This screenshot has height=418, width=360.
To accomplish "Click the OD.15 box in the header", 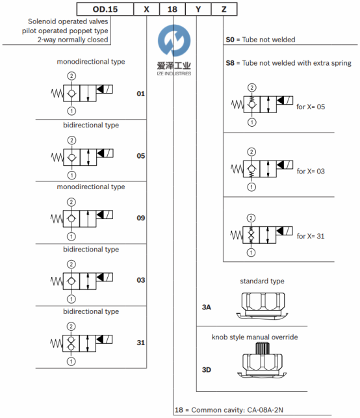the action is coord(105,9).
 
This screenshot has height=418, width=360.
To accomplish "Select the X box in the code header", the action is coord(146,9).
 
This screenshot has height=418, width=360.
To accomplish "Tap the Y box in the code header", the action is coord(198,9).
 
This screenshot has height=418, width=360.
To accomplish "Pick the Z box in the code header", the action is coord(224,9).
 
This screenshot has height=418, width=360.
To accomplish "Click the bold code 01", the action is coord(141,94).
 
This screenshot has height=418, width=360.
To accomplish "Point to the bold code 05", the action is coord(141,155).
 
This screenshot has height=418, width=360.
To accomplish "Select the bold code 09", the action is coord(141,218).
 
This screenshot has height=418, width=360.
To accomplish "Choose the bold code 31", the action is coord(141,343).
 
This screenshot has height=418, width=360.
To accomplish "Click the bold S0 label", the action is coord(230,40).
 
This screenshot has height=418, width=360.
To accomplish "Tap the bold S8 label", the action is coord(230,63).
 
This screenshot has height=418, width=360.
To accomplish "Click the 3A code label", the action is coord(207,307).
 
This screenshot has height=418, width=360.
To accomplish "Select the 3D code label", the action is coord(207,370).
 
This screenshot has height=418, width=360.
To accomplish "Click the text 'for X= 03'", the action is coord(311,171).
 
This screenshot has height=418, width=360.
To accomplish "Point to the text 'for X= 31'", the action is coord(311,236).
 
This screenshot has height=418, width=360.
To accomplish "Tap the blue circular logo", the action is coord(174,40).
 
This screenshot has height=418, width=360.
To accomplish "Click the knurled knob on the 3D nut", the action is coord(263,348).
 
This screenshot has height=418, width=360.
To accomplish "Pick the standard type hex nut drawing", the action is coord(263,306).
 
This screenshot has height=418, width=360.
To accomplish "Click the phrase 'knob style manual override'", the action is coord(255,337).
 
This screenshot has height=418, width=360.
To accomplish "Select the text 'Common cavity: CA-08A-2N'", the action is coord(237,410).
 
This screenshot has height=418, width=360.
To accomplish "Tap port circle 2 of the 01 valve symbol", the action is coord(71,76).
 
